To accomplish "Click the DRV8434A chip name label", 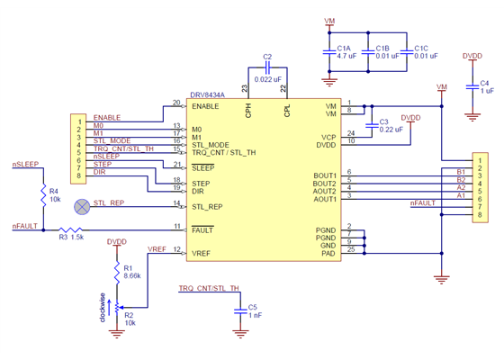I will point(207,94).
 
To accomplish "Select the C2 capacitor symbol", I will point(267,68).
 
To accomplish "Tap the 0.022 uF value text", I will point(267,79).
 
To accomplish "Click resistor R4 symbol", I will point(42,195).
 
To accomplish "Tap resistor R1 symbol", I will point(115,271).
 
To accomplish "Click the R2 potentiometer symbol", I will point(115,308).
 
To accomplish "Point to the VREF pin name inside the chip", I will point(202,255).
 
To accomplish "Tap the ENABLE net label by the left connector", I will point(106,118).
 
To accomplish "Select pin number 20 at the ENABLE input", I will point(176,102).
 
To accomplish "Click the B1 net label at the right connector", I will point(461,171).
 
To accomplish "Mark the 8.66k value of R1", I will point(132,275).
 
